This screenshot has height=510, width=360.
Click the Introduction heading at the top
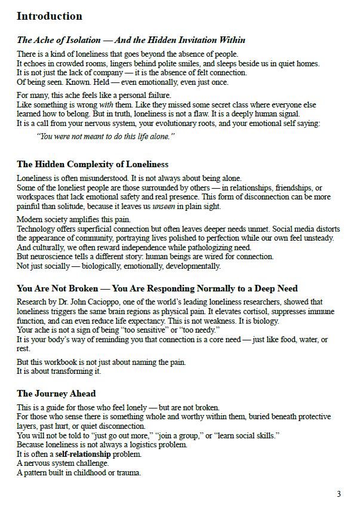tap(50, 16)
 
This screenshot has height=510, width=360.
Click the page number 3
tap(339, 494)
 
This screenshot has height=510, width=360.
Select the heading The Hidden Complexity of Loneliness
tap(93, 164)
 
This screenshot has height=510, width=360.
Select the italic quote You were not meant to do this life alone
tap(106, 136)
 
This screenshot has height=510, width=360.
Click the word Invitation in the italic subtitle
tap(192, 41)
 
